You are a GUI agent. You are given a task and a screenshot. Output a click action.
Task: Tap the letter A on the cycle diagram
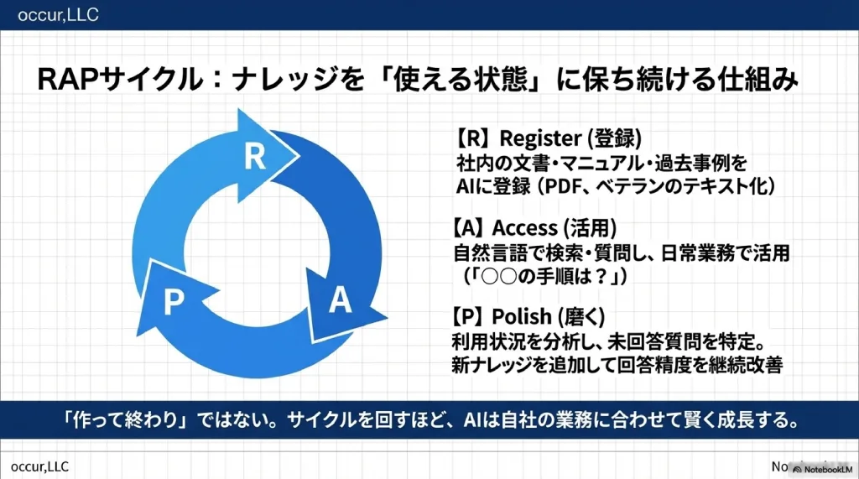click(x=339, y=300)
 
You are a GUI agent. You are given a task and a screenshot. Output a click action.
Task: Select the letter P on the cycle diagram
click(x=174, y=301)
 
